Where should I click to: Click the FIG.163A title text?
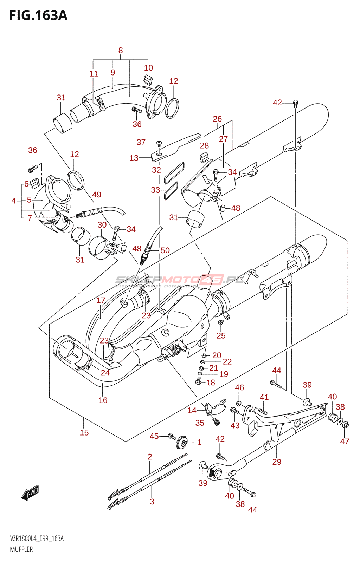coord(38,15)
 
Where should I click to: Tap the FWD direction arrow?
coord(30,492)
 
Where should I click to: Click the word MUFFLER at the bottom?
coord(21,549)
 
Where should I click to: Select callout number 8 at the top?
coord(121,50)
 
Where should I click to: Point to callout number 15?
coord(84,432)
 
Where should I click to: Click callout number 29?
coord(277,462)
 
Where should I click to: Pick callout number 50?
coord(165,250)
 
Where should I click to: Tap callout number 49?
coord(97,195)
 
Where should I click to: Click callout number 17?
coord(101,300)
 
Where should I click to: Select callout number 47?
coord(345,442)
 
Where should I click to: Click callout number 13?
coord(134,158)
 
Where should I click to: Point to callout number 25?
coord(221,335)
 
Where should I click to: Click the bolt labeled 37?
coord(159,143)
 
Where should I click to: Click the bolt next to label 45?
coord(172,437)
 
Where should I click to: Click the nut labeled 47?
coord(345,425)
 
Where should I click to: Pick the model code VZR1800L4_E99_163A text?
coord(37,538)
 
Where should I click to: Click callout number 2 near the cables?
coord(150,457)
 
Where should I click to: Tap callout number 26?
coord(217,119)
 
